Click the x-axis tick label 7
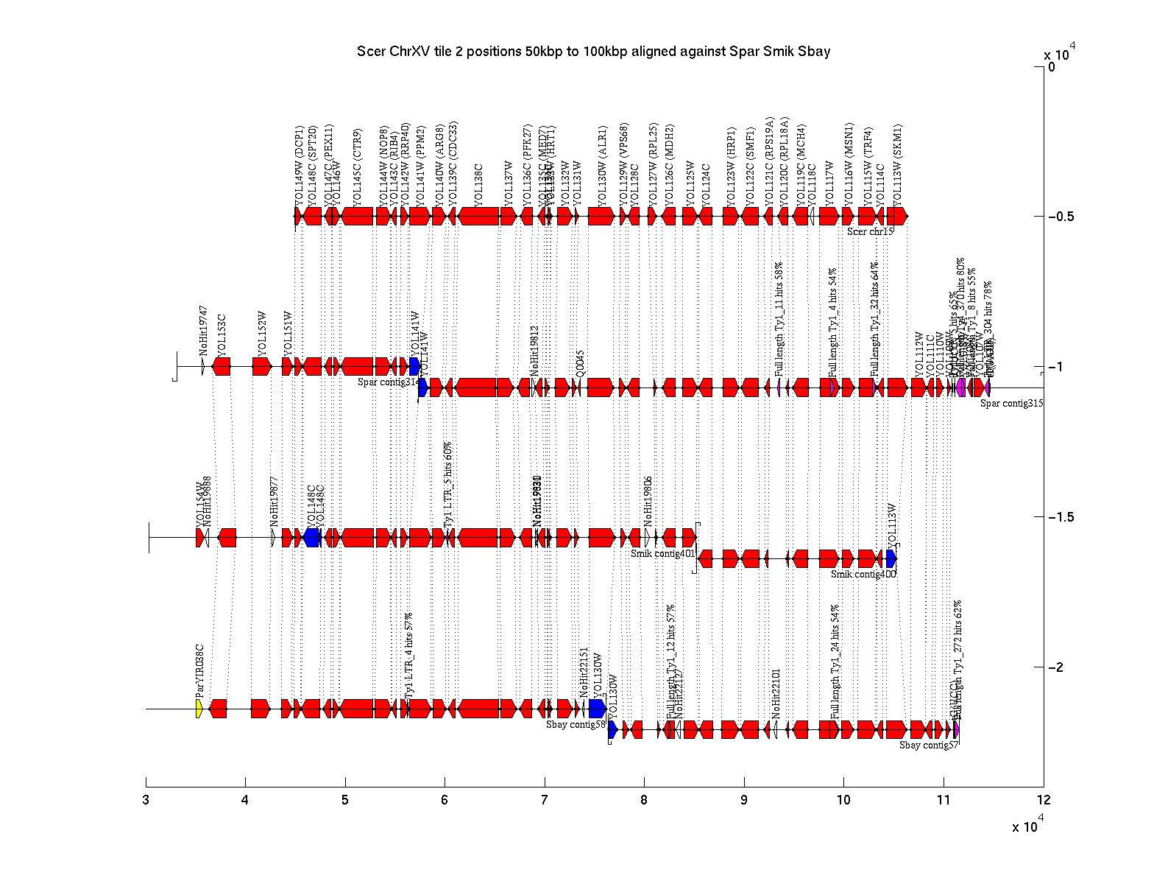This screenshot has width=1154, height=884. [545, 800]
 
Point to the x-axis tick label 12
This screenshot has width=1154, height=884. [1043, 800]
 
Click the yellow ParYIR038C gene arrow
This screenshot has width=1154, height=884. [199, 709]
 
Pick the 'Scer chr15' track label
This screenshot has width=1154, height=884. [869, 231]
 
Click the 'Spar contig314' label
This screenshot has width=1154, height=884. [389, 382]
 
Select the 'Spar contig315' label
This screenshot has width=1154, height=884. [1011, 403]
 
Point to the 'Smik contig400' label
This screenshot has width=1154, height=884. [863, 574]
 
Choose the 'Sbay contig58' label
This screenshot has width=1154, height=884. [576, 724]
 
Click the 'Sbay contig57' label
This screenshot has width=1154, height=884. [929, 745]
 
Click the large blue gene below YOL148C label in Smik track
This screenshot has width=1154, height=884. [311, 538]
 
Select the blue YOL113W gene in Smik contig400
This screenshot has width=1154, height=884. [891, 558]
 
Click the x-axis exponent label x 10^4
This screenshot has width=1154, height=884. [1027, 827]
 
